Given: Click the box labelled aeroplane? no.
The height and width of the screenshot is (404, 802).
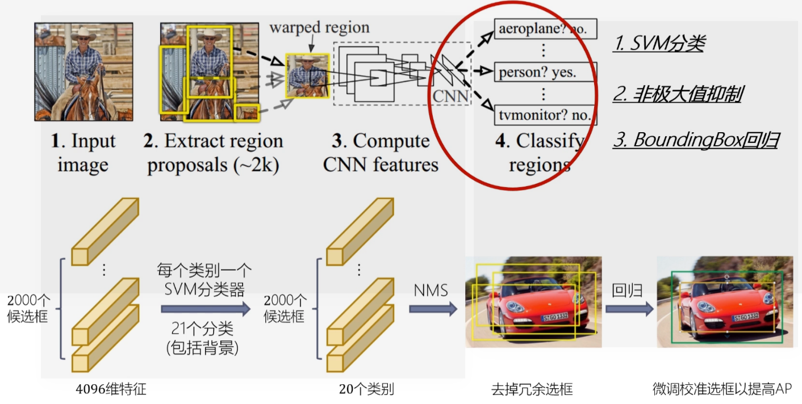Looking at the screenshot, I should coord(545,29).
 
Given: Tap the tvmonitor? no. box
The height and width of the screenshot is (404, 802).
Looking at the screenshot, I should coord(546,115).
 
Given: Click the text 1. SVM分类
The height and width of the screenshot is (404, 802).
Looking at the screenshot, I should coord(659,44).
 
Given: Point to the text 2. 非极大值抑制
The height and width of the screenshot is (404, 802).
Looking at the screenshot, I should coord(677,94).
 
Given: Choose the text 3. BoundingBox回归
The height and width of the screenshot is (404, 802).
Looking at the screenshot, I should coord(695,140).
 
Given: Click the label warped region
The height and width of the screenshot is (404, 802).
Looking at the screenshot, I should coord(319,27).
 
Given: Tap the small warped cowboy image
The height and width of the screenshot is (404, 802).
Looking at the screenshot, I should coord(307,75).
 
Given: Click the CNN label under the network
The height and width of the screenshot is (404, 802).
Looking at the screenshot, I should coord(451,96).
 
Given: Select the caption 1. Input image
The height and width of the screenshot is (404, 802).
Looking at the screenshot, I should coord(83,153).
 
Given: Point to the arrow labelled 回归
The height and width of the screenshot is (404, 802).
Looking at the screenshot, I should coord(629,309).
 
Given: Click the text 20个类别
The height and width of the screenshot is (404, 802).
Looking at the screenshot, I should coord(366,389).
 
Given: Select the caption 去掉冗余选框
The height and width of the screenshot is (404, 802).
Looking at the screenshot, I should coord(532,390).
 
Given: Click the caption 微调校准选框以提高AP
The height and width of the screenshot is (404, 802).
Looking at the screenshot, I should coord(722,389).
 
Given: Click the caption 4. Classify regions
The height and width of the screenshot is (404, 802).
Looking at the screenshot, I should coord(540,153).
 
